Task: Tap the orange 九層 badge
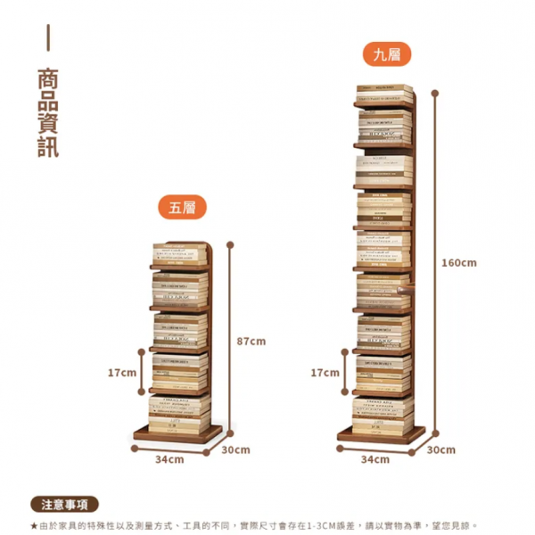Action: [386, 54]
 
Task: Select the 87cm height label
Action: [251, 342]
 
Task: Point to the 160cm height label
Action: [459, 262]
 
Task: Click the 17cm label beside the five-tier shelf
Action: [121, 372]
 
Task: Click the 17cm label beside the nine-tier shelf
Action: [325, 372]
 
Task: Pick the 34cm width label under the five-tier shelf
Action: [169, 459]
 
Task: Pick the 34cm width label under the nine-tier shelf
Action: [374, 459]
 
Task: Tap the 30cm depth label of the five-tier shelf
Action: [235, 449]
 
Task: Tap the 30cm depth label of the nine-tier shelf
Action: [440, 449]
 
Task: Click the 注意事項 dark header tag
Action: [64, 505]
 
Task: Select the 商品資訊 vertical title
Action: [48, 112]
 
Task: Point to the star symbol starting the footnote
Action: [34, 526]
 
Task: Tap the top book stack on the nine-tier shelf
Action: [384, 95]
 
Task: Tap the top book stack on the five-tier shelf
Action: [178, 254]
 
